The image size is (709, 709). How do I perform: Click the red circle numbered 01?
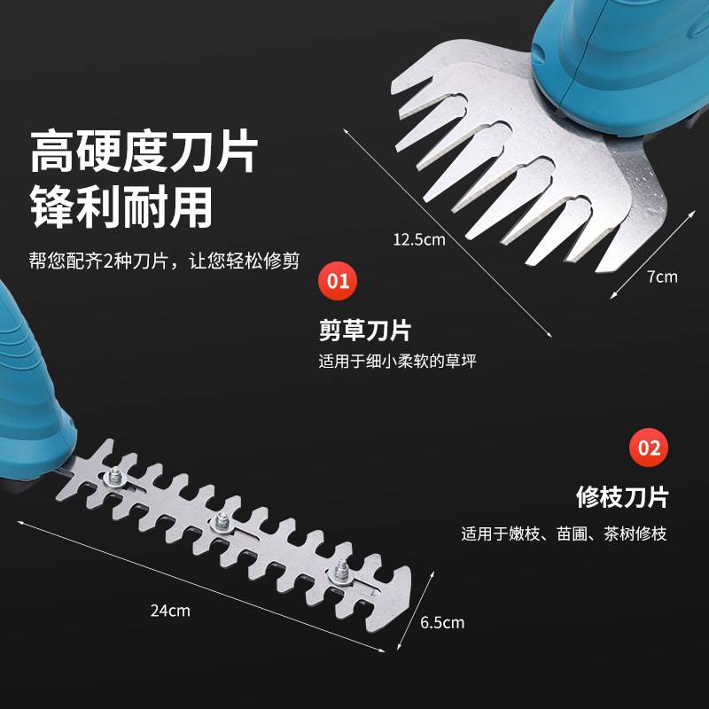(x=338, y=283)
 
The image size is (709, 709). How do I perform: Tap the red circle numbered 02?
(x=649, y=448)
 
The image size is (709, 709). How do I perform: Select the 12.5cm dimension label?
(x=419, y=238)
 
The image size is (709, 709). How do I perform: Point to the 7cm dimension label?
(x=662, y=277)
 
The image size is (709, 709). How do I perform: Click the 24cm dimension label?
(x=170, y=611)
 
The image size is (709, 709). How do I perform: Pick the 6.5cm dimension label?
(x=442, y=622)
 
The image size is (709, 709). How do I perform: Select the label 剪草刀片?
(x=365, y=331)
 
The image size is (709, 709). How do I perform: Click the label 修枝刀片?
(x=621, y=496)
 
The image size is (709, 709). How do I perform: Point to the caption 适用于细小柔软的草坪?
(x=403, y=362)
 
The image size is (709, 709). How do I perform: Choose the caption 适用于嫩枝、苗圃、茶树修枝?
(x=564, y=534)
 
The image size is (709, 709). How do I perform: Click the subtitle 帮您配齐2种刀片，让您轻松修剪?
(x=164, y=261)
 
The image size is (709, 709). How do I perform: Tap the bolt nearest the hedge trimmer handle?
(x=114, y=479)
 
